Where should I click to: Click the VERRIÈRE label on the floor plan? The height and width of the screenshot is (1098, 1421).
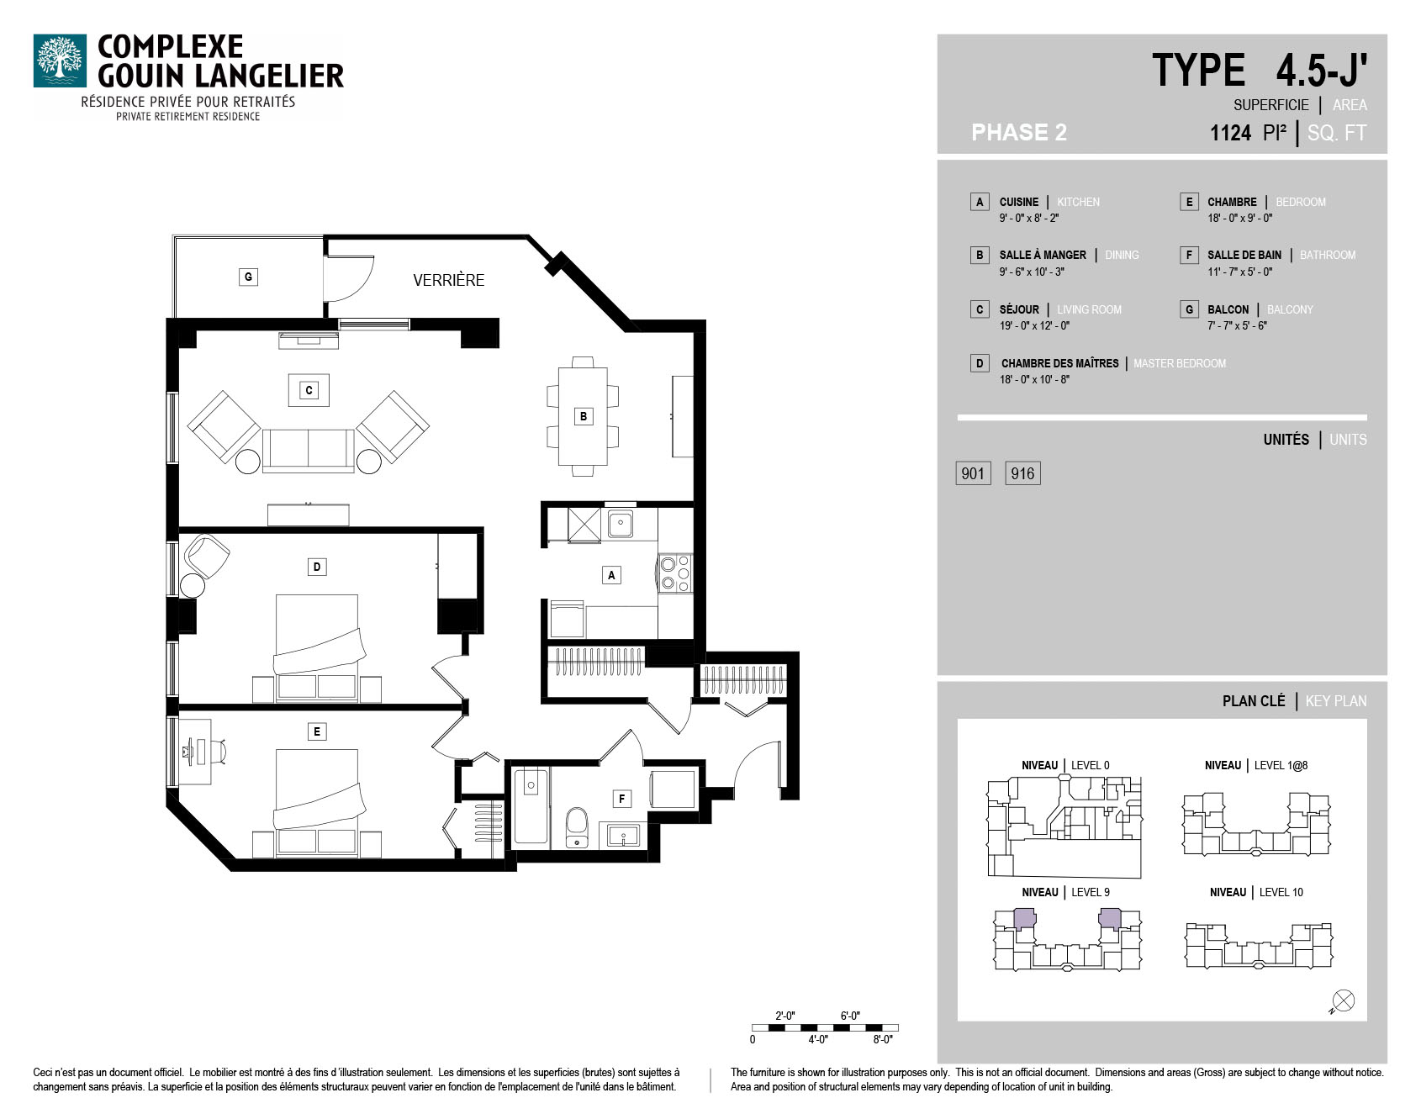click(448, 280)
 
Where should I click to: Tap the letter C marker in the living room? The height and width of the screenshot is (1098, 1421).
click(309, 390)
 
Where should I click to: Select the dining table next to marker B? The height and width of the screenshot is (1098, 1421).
click(583, 416)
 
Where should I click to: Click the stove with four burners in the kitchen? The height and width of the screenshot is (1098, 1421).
click(675, 573)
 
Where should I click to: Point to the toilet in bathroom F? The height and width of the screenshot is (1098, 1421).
click(577, 827)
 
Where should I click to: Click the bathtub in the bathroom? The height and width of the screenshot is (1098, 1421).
click(531, 805)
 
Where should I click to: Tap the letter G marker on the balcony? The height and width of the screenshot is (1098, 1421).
click(248, 277)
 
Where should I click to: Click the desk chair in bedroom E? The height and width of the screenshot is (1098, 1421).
click(219, 751)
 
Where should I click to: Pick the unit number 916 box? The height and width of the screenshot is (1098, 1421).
click(1022, 473)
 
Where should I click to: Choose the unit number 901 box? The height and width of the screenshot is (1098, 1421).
click(973, 473)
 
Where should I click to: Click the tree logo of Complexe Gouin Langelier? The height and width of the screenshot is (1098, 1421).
click(60, 61)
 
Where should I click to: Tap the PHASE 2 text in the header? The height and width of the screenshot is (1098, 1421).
click(1018, 133)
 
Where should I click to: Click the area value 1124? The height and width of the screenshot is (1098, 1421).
click(1230, 133)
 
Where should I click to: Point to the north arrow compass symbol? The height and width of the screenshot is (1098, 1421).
click(1343, 1001)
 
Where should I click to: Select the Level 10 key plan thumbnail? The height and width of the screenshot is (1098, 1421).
click(1259, 945)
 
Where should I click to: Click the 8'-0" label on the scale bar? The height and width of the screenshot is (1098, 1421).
click(882, 1039)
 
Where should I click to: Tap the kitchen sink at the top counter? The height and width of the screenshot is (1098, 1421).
click(621, 524)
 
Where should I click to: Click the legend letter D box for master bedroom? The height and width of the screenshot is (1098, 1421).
click(980, 363)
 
